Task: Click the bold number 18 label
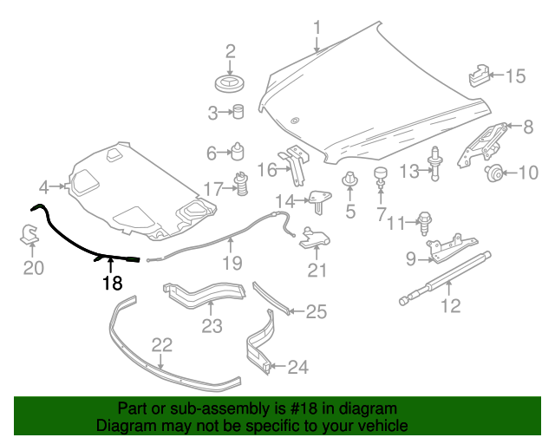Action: (x=112, y=283)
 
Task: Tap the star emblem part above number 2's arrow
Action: (x=231, y=84)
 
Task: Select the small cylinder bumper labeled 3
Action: (x=238, y=111)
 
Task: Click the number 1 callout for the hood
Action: (x=317, y=28)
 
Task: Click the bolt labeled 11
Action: (x=425, y=220)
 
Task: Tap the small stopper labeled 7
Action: (x=379, y=176)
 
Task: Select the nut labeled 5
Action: (x=350, y=182)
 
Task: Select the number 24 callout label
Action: (x=297, y=368)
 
